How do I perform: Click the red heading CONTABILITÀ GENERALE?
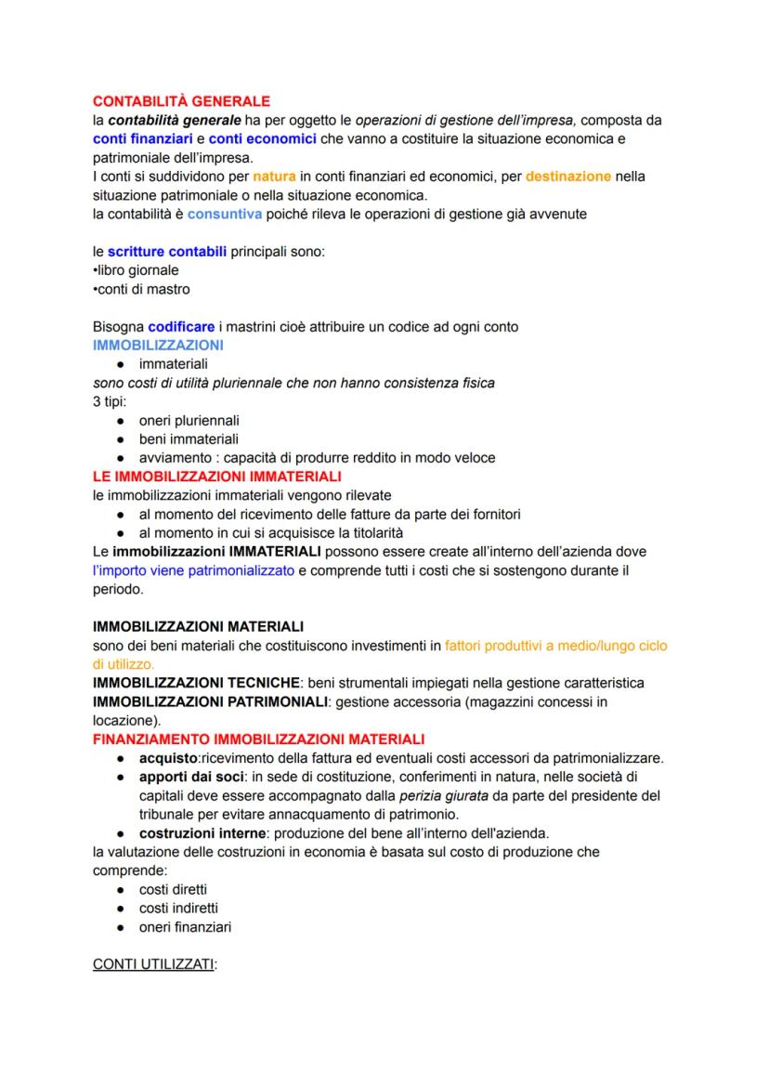(181, 100)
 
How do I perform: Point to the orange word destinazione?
(567, 176)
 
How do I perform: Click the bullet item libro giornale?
(137, 270)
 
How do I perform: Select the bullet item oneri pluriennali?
(189, 420)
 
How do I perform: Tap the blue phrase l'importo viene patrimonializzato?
(193, 569)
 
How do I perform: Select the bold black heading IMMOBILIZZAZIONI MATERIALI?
(198, 626)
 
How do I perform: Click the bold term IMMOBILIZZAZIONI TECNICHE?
(195, 683)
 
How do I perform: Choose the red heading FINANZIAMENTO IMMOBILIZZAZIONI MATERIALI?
(258, 739)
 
